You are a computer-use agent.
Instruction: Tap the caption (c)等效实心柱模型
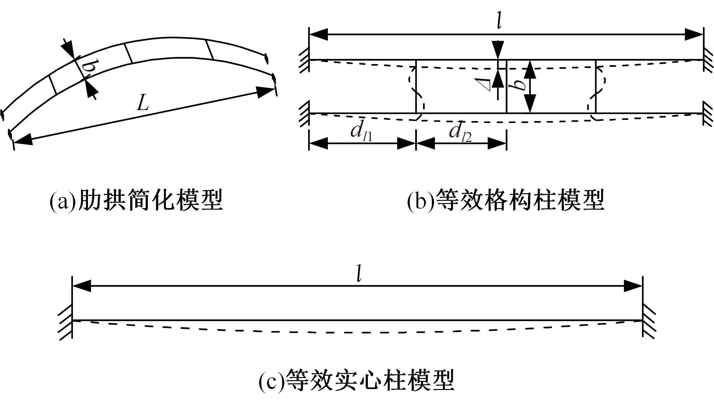pyautogui.click(x=357, y=381)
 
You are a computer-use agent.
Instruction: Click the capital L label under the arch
pyautogui.click(x=142, y=103)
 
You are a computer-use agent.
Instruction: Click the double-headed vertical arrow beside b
pyautogui.click(x=531, y=86)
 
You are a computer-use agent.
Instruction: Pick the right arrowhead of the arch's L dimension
pyautogui.click(x=266, y=92)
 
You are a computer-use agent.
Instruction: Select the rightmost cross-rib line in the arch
pyautogui.click(x=210, y=49)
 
